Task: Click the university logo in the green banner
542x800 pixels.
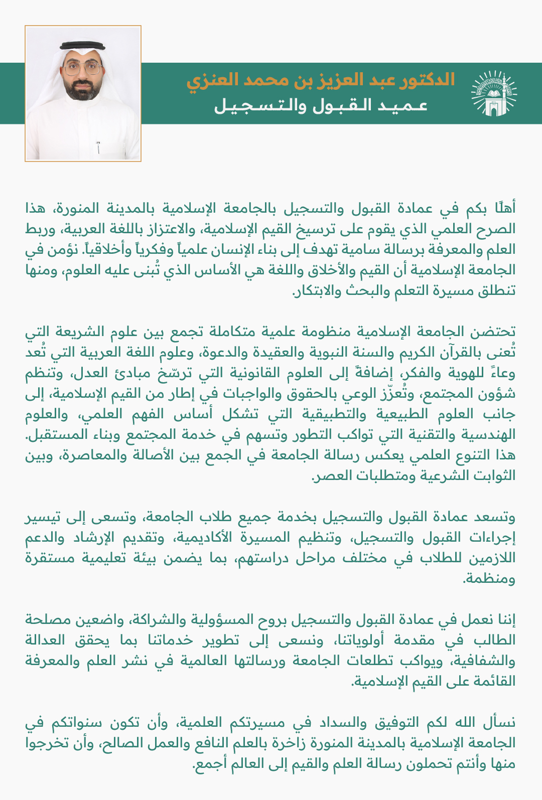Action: (x=493, y=94)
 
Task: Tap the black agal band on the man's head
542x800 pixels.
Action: (x=83, y=46)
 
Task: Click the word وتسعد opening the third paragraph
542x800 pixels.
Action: (x=496, y=517)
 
